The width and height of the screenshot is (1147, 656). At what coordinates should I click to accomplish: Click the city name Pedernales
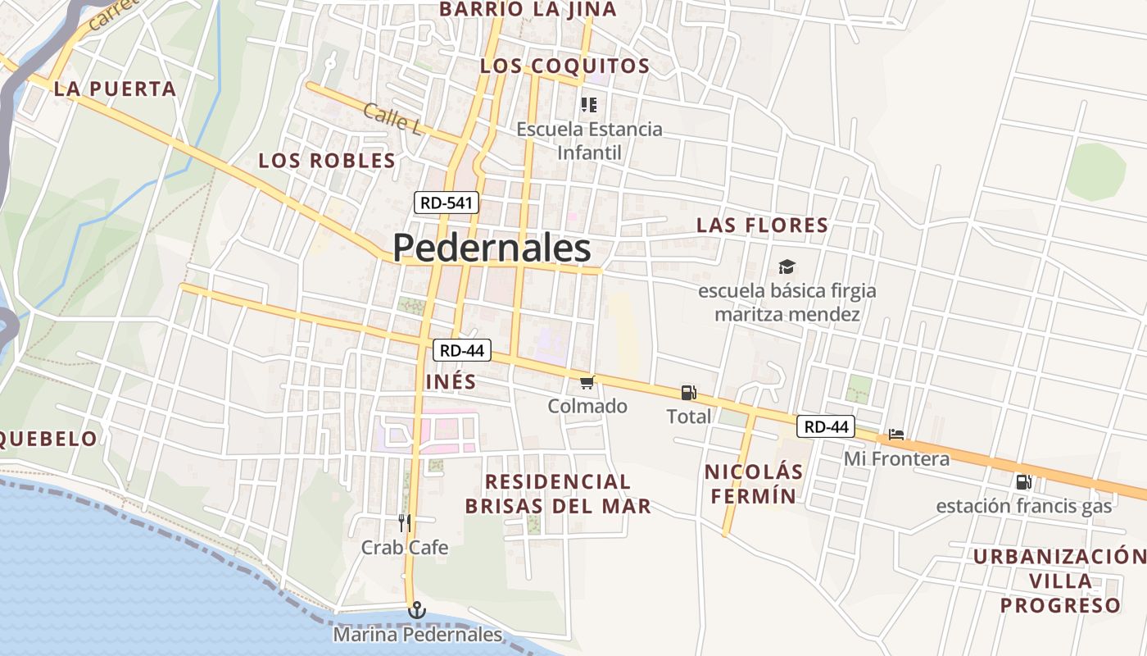tap(492, 248)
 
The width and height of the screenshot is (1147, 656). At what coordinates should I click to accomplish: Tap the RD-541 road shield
tap(446, 203)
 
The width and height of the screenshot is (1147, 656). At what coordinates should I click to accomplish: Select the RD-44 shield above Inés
tap(461, 350)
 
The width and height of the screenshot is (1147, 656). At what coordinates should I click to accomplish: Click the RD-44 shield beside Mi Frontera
tap(826, 426)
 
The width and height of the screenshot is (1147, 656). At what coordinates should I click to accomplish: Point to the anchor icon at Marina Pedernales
tap(417, 610)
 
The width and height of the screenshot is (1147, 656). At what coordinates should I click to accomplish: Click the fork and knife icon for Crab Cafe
tap(404, 522)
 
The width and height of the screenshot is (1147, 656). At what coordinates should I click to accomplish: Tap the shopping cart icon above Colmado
tap(587, 383)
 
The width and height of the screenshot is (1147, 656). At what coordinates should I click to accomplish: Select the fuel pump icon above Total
tap(688, 393)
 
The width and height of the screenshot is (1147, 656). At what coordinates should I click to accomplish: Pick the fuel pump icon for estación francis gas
tap(1023, 482)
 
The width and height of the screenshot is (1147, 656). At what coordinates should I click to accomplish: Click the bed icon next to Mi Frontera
tap(896, 435)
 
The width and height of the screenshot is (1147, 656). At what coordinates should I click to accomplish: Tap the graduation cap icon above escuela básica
tap(787, 266)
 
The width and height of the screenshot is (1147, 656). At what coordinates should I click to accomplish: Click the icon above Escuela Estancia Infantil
tap(588, 105)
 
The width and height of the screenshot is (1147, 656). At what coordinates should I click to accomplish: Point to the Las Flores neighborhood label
tap(762, 225)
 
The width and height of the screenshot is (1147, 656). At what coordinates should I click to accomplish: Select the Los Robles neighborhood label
tap(327, 161)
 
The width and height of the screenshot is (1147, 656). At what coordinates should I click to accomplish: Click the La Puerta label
tap(115, 89)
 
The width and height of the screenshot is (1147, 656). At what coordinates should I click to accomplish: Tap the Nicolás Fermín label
tap(753, 484)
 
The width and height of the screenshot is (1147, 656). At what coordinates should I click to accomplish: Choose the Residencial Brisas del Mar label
tap(558, 494)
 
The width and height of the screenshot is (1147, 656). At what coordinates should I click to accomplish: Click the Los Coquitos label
tap(564, 66)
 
